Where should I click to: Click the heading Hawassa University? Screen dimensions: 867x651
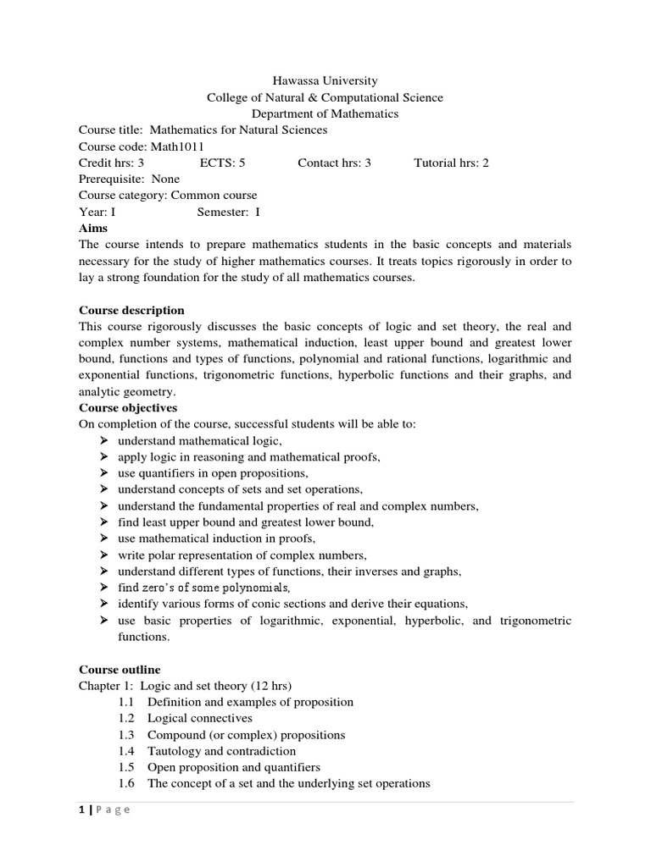pos(325,81)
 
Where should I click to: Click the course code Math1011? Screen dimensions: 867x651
pos(179,146)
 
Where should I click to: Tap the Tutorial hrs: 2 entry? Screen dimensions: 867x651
pos(451,163)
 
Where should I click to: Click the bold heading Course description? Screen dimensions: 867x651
pos(131,310)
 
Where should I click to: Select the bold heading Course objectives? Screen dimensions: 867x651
pos(128,408)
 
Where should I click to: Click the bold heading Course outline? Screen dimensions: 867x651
pos(120,669)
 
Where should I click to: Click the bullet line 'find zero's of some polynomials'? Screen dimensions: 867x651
pos(203,588)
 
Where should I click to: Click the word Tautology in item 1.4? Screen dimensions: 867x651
pos(174,751)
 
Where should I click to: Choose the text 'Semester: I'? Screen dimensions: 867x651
pos(228,212)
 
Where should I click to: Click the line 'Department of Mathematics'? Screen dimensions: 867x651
pos(325,113)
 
